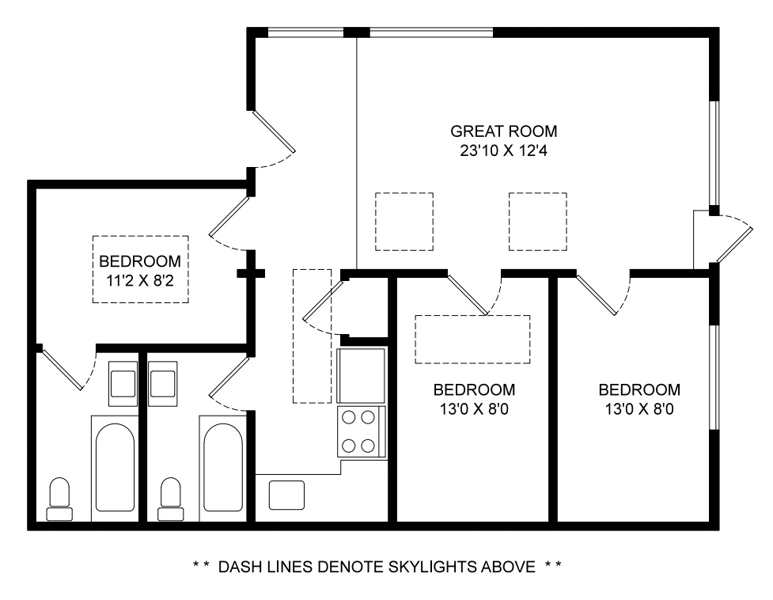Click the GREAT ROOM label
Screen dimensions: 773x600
[x=503, y=131]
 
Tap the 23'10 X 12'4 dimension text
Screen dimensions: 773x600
[x=503, y=150]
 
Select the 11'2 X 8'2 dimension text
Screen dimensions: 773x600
[x=140, y=281]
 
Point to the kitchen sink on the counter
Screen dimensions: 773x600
[x=286, y=495]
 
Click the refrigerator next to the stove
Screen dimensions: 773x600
[x=361, y=376]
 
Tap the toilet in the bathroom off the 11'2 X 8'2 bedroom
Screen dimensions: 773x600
[x=59, y=499]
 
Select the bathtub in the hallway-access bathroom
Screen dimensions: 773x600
[x=223, y=469]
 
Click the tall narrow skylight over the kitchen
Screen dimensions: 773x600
[x=312, y=336]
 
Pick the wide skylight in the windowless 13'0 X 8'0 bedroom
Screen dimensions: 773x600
[x=472, y=340]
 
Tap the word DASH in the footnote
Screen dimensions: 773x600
[x=240, y=567]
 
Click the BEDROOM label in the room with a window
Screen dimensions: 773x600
[x=639, y=389]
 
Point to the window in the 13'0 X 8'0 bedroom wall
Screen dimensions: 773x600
[x=714, y=377]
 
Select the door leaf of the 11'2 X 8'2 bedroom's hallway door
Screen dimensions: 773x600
[x=229, y=218]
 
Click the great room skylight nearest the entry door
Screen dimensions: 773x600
[x=538, y=222]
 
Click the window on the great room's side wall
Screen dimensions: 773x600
[x=714, y=154]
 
